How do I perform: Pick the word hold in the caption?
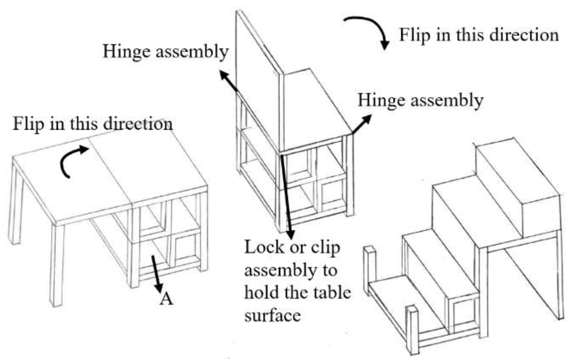[x=260, y=293]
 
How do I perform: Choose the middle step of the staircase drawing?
[x=472, y=202]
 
